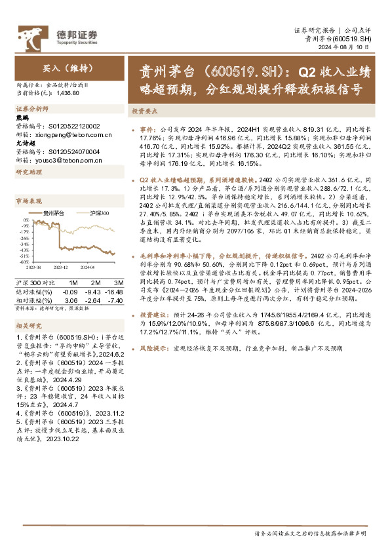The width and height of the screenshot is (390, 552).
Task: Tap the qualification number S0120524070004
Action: pyautogui.click(x=72, y=151)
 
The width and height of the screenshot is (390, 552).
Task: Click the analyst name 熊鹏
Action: pyautogui.click(x=21, y=118)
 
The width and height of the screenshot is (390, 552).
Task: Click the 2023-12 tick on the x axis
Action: pyautogui.click(x=61, y=267)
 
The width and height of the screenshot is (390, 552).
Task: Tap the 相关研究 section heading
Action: pyautogui.click(x=28, y=325)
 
